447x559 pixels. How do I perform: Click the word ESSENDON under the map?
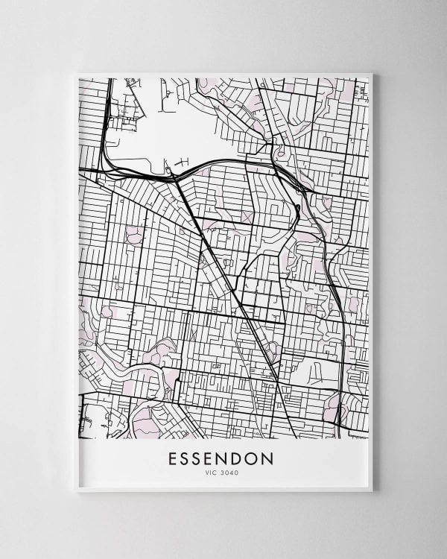(221, 458)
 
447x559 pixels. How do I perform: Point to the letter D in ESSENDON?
(237, 458)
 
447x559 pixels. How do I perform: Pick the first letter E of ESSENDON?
(174, 458)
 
